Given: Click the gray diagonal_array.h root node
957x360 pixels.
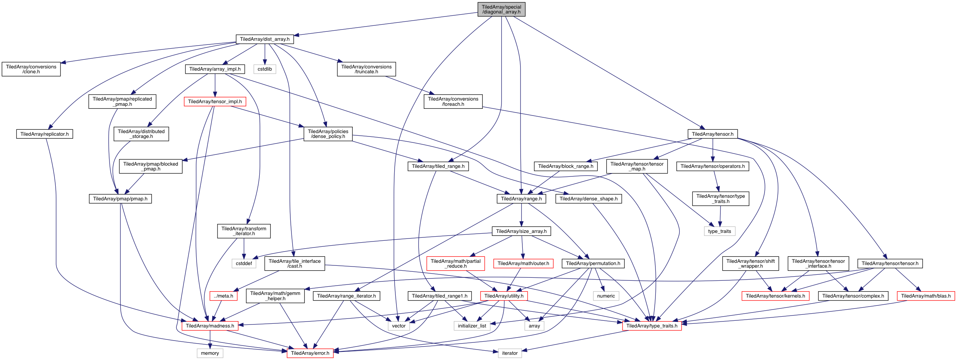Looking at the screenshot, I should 501,9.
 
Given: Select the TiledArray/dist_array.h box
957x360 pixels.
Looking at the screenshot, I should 265,39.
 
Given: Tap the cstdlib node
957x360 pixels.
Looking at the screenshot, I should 265,69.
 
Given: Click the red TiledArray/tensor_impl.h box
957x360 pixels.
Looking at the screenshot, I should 215,102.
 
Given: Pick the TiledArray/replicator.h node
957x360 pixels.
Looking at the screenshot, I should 44,134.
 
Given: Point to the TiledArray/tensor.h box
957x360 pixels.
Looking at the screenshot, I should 712,134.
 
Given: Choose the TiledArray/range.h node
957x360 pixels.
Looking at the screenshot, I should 521,199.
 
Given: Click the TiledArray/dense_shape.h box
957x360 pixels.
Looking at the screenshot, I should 589,199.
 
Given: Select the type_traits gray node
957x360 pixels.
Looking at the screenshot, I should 719,231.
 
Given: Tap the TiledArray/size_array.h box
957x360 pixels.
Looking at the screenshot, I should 521,231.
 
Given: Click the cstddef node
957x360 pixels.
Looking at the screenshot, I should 244,264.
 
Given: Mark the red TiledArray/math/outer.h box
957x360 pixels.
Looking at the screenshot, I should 523,264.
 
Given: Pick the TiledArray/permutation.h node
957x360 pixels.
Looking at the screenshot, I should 593,264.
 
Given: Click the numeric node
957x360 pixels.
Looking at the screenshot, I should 606,296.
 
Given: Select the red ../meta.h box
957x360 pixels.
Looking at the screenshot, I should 223,296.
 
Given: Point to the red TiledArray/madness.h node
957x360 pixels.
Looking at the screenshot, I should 210,326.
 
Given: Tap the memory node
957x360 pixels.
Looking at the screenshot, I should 210,353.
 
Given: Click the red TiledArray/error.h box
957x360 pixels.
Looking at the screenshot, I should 310,353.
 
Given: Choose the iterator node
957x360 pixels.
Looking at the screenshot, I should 510,353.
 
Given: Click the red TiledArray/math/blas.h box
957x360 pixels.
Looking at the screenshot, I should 926,296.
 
